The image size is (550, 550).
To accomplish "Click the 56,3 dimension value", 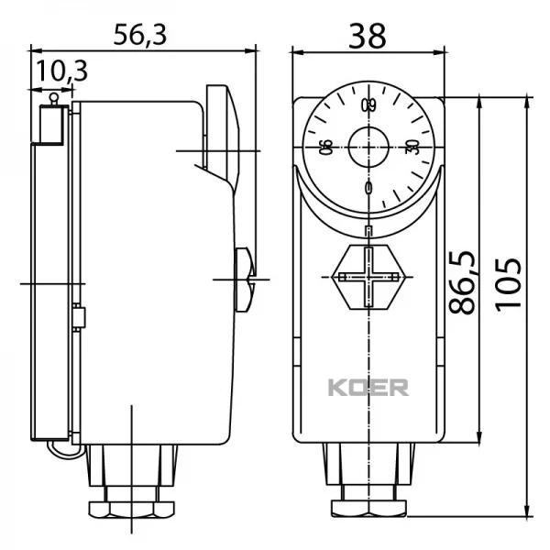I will pyautogui.click(x=139, y=34).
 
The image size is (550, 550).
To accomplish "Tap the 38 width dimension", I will pyautogui.click(x=367, y=34).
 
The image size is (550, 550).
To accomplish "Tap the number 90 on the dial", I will pyautogui.click(x=325, y=148).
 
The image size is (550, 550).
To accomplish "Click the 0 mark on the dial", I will pyautogui.click(x=368, y=188).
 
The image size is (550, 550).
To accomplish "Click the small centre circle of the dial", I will pyautogui.click(x=368, y=146).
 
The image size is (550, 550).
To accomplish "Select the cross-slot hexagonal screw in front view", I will pyautogui.click(x=368, y=275).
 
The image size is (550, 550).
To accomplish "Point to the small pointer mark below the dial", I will pyautogui.click(x=368, y=229).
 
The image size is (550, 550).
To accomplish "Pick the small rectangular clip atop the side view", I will pyautogui.click(x=50, y=122).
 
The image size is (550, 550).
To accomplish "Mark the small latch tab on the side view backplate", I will pyautogui.click(x=79, y=318).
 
